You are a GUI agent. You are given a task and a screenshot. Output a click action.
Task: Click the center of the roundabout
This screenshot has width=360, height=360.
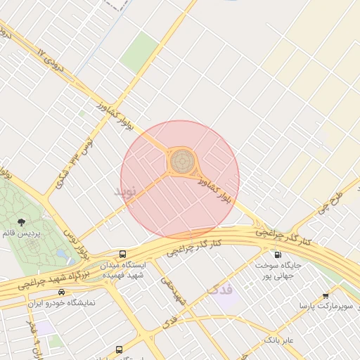pos(181,162)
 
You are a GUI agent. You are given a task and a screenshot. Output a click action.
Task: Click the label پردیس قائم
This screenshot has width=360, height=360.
pos(22,232)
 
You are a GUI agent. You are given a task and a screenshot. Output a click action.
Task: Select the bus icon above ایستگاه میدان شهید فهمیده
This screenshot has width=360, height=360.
pos(123,254)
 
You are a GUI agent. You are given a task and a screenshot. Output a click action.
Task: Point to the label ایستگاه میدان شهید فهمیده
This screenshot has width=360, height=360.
pos(123,270)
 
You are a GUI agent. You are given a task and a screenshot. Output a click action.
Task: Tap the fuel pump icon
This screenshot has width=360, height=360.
pos(278,255)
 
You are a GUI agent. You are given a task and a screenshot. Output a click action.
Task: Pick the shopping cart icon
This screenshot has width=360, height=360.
pos(325,296)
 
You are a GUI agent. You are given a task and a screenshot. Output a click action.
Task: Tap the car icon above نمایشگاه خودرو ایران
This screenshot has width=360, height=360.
pos(62,292)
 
